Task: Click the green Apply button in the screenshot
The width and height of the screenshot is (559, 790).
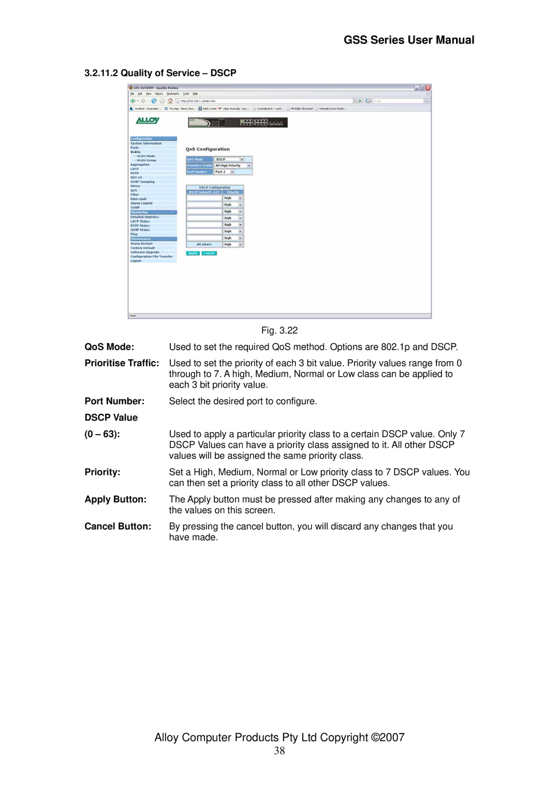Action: click(193, 254)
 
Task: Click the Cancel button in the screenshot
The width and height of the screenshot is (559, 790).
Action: click(209, 254)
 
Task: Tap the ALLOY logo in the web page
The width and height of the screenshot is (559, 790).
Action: click(148, 121)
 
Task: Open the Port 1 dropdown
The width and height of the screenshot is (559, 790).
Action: click(225, 172)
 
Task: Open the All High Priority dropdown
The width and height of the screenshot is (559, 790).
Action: click(233, 166)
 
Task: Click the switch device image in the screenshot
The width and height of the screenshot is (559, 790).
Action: click(238, 123)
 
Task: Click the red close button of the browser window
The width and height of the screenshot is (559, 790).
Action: click(428, 88)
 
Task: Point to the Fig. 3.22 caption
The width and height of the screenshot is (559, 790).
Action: click(279, 331)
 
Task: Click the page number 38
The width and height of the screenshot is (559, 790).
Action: click(279, 751)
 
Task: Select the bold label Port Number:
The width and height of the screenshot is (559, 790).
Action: click(114, 401)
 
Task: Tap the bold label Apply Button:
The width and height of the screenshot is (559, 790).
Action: click(115, 500)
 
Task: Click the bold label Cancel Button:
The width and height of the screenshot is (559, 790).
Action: click(118, 527)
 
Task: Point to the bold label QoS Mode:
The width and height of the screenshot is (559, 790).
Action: click(109, 347)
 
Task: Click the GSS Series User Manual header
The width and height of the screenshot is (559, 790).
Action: click(409, 40)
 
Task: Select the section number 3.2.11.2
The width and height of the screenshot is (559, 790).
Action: click(101, 73)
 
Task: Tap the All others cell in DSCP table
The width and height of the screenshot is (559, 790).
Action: click(204, 245)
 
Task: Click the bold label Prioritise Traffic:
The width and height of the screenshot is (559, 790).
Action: click(122, 363)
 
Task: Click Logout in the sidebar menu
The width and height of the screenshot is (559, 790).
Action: click(136, 261)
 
